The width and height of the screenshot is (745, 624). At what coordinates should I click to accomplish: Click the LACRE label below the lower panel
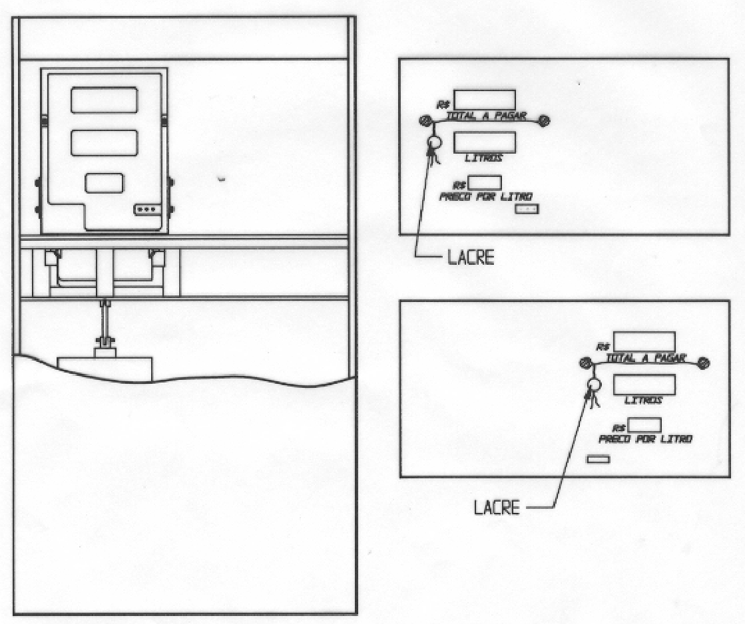click(x=497, y=508)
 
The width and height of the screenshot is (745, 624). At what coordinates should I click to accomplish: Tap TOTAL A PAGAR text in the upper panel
click(x=486, y=115)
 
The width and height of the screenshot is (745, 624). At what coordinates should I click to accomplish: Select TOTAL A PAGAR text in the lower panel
click(x=646, y=358)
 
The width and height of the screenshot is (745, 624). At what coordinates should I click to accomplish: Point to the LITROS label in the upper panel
click(x=483, y=158)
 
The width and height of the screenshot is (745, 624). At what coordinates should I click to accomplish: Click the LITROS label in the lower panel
click(x=643, y=400)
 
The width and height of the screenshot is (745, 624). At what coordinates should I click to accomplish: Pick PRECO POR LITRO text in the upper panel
click(x=485, y=196)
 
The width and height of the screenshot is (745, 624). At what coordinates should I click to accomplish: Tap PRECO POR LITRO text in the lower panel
click(x=645, y=438)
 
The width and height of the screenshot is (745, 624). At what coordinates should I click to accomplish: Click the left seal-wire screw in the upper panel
click(x=425, y=120)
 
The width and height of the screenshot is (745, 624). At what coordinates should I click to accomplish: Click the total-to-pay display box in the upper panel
click(x=485, y=100)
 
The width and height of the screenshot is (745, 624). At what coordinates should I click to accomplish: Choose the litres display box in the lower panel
click(x=644, y=385)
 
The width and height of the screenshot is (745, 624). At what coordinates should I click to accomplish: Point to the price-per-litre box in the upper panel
click(x=485, y=183)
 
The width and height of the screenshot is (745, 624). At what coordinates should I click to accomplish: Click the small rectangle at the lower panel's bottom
click(x=598, y=459)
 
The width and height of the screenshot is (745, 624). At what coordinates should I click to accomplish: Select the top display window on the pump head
click(x=105, y=100)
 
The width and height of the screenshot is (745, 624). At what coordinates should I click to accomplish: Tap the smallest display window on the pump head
click(x=105, y=183)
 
